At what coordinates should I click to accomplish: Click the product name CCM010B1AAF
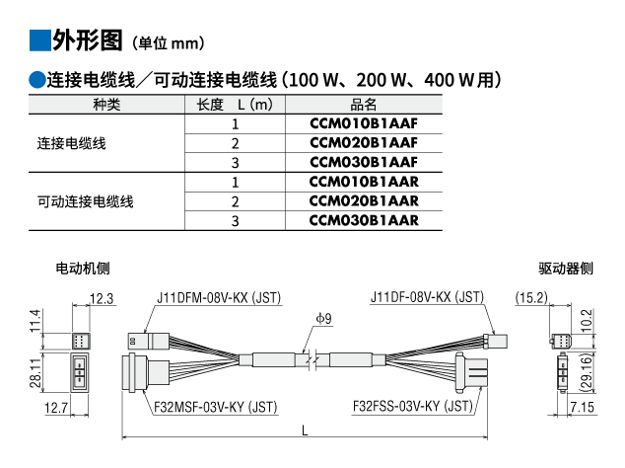(364, 124)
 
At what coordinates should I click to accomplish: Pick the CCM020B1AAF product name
(364, 143)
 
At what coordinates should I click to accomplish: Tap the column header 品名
(364, 105)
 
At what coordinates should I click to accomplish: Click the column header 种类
(106, 105)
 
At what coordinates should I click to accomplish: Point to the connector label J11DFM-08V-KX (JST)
(216, 297)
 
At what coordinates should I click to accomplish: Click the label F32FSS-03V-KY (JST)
(413, 406)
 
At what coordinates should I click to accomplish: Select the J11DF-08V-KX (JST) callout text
(427, 297)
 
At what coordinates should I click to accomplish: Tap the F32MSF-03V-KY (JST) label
(215, 406)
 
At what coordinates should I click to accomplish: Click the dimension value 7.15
(581, 407)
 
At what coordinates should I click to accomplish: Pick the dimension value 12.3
(102, 297)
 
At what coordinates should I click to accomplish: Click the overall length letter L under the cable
(305, 431)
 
